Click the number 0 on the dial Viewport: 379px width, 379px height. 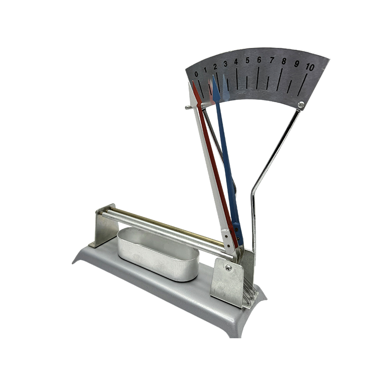click(x=196, y=74)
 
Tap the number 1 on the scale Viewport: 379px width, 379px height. click(x=205, y=70)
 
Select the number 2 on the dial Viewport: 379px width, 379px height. click(x=215, y=66)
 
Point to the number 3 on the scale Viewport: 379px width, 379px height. click(x=226, y=63)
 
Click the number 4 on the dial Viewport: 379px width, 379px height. click(x=236, y=62)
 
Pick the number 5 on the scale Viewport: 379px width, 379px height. click(x=247, y=60)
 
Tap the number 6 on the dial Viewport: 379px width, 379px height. click(x=259, y=60)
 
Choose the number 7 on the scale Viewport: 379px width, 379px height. click(x=272, y=60)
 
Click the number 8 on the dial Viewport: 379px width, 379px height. click(x=284, y=61)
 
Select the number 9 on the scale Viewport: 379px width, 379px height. click(x=297, y=63)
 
